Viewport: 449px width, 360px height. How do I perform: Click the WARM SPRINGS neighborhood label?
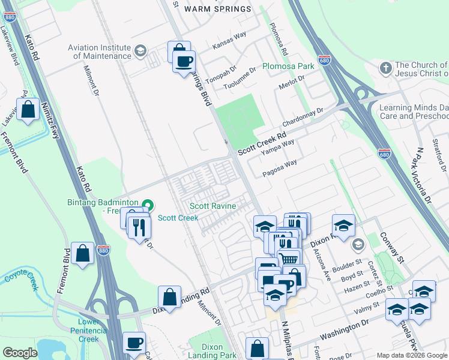pos(217,9)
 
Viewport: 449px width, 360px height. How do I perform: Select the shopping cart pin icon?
pos(289,258)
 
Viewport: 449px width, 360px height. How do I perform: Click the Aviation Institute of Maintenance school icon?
pos(140,50)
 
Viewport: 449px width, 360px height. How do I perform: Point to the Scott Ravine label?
pos(212,206)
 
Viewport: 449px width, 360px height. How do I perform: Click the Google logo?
pos(20,353)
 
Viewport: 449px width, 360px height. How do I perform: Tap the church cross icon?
pos(385,67)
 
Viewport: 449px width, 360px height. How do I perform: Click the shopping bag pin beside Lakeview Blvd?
pos(28,110)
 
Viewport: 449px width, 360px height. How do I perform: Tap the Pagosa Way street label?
pos(280,167)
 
